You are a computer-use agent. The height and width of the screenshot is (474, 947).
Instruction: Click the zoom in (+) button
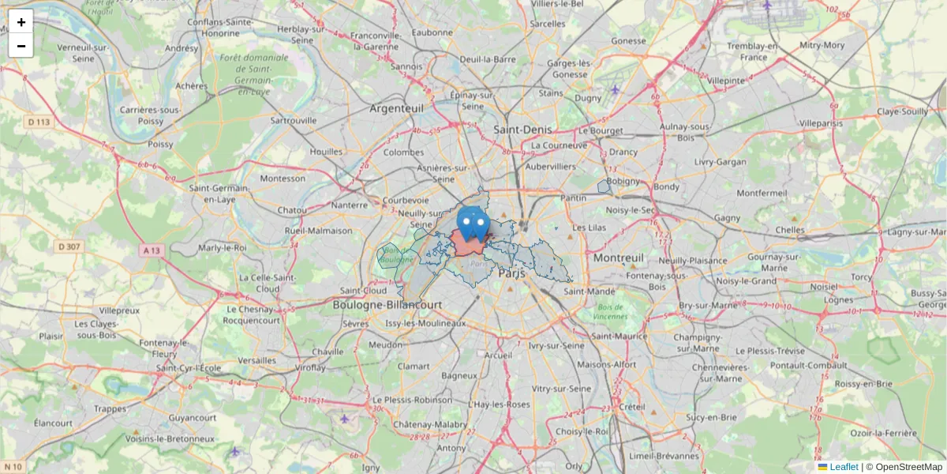[x=21, y=21]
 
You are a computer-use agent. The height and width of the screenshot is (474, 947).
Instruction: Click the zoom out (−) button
[x=21, y=46]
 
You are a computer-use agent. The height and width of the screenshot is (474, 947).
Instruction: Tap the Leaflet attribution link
[x=844, y=467]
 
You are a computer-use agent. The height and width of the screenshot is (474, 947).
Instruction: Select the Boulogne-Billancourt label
[x=387, y=305]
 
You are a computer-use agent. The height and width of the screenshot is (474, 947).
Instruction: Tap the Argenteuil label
[x=397, y=107]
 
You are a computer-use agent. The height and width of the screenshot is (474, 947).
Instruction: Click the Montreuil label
[x=619, y=258]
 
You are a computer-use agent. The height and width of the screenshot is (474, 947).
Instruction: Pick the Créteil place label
[x=632, y=406]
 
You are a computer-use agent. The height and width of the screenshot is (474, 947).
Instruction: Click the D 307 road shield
[x=69, y=246]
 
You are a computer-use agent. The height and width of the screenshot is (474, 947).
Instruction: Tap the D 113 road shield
[x=39, y=122]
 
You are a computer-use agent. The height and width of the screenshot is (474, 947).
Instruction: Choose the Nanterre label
[x=350, y=205]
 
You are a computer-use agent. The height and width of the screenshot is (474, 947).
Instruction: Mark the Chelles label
[x=790, y=230]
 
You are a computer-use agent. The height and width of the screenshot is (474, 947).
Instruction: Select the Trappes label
[x=110, y=408]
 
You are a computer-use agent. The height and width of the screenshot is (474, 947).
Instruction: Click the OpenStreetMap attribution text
[x=909, y=467]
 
